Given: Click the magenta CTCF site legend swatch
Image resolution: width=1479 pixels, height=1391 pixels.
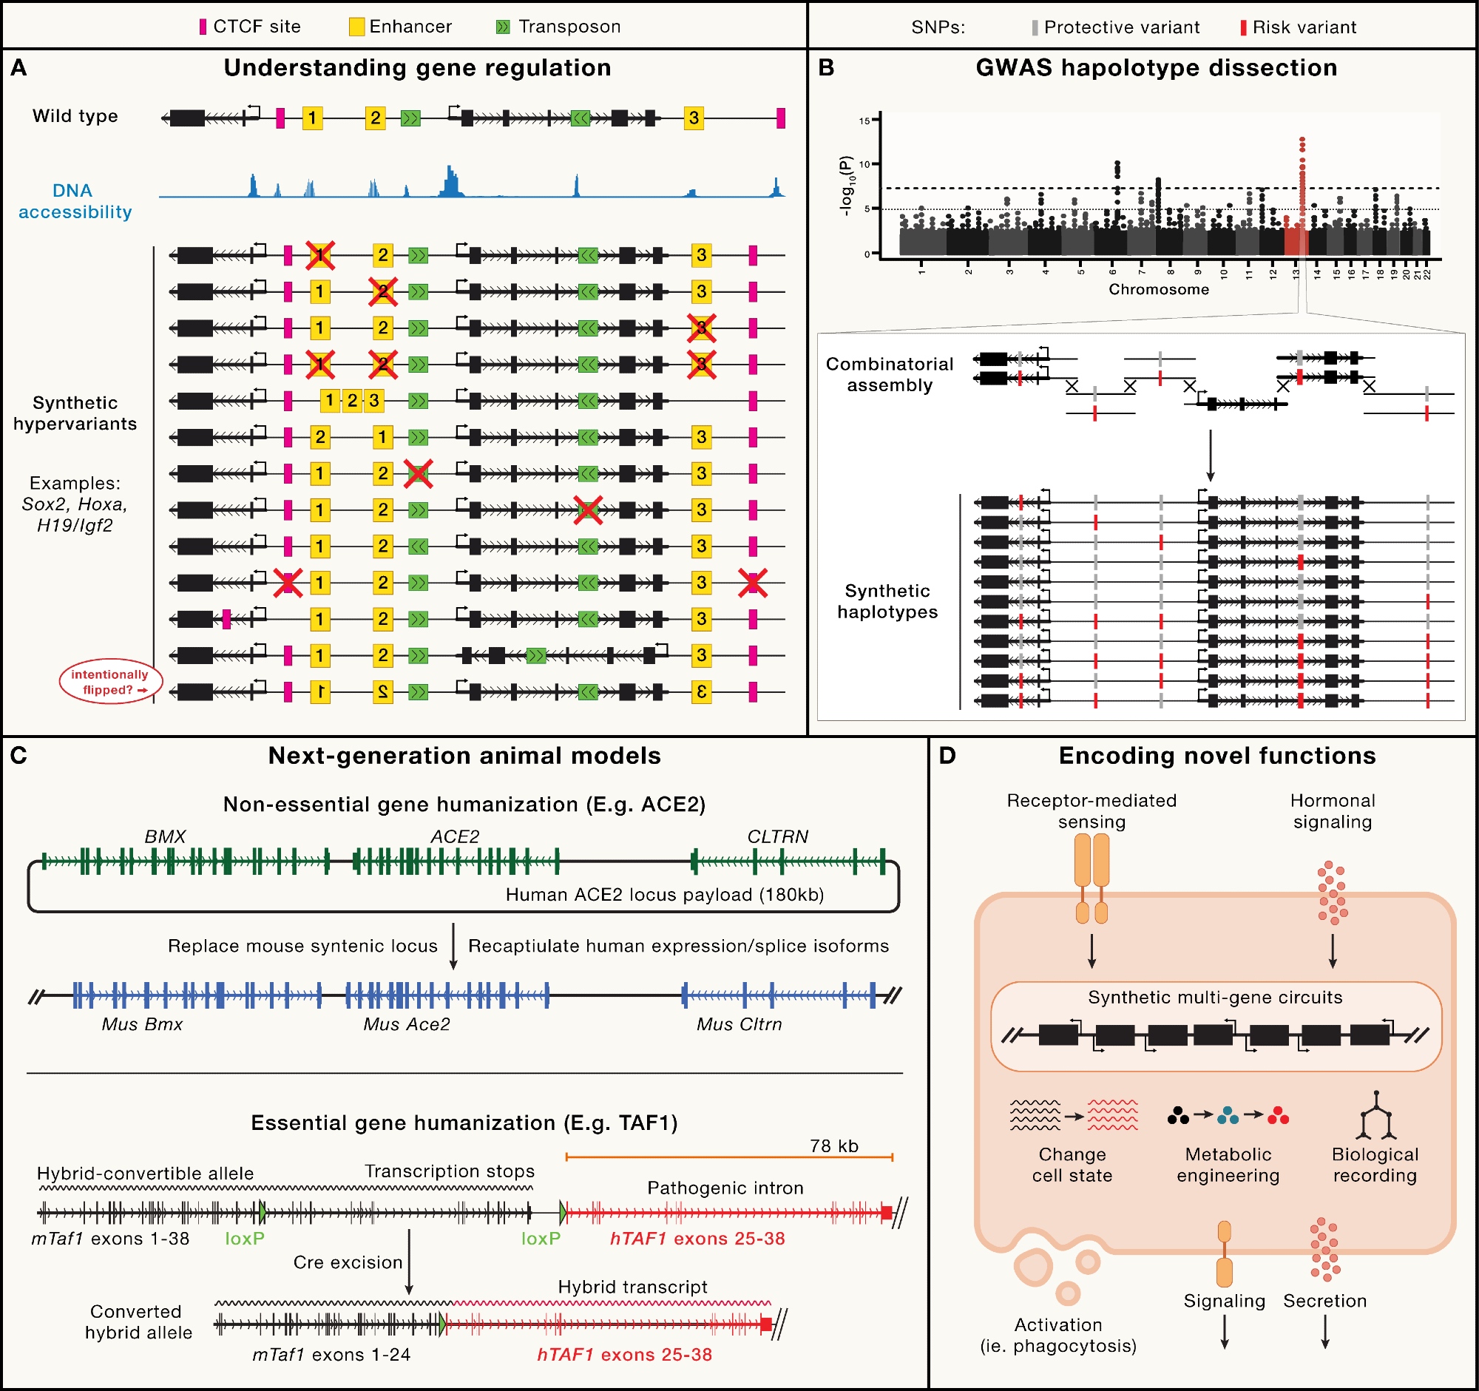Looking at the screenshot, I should (x=203, y=27).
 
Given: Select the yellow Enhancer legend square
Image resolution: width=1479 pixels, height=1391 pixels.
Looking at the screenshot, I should (x=357, y=27).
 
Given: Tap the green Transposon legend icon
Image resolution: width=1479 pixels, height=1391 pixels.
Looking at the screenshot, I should (x=503, y=27).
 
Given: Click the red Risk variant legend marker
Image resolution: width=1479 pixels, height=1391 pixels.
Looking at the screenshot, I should (x=1243, y=28).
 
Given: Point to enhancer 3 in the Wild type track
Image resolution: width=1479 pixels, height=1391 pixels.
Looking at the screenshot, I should (x=694, y=118).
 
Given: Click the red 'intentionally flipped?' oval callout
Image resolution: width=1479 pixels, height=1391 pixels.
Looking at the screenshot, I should (x=110, y=682).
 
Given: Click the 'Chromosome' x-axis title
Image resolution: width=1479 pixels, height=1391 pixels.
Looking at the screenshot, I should (x=1158, y=289).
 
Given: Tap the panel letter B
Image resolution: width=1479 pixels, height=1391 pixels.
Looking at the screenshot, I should (x=826, y=69).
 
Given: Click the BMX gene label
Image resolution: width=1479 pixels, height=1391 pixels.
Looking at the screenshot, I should (x=165, y=837).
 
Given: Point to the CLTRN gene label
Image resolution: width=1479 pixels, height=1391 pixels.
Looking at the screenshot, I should (x=777, y=837).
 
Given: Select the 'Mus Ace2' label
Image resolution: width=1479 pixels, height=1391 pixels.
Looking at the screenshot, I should (x=406, y=1024).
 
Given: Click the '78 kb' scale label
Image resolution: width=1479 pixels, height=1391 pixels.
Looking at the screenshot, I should (x=834, y=1145).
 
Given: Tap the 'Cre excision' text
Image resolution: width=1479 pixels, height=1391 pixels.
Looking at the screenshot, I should (x=348, y=1262).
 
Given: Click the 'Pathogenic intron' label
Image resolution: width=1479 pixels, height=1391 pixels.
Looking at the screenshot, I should (x=725, y=1188).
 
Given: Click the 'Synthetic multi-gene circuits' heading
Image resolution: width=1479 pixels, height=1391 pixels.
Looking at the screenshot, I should (x=1215, y=998).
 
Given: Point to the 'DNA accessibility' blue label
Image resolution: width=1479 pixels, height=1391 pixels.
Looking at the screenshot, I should (x=75, y=202).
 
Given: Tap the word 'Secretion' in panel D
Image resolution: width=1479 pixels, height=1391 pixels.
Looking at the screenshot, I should (x=1325, y=1301).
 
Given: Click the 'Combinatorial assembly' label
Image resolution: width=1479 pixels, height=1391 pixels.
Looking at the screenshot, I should (x=889, y=374).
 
